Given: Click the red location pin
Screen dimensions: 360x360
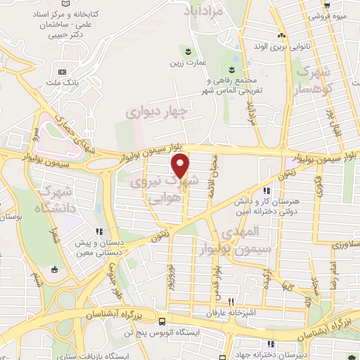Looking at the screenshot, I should [x=181, y=165].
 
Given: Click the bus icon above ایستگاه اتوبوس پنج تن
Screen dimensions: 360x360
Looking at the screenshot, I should [x=162, y=318].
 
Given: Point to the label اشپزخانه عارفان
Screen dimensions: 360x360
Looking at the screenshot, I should [x=226, y=312].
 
